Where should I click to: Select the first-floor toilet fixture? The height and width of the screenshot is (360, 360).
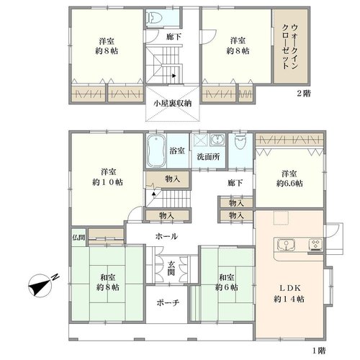[x=240, y=142]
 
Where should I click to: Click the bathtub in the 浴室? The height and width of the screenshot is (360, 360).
[x=156, y=150]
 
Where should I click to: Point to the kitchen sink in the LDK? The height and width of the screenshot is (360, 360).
[x=286, y=245]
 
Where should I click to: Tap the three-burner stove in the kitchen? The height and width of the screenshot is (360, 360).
[x=315, y=244]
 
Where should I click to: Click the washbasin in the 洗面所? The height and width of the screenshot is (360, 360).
[x=217, y=140]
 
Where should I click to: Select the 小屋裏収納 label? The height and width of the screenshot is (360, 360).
[x=173, y=104]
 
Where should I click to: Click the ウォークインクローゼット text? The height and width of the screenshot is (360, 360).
[x=290, y=47]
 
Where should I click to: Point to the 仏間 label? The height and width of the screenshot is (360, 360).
[x=78, y=238]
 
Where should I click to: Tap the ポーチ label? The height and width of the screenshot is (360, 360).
[x=168, y=302]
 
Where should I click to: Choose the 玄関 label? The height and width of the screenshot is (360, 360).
[x=171, y=269]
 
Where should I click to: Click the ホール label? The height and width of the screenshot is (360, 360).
[x=166, y=236]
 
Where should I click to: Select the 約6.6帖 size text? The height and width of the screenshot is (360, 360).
[x=289, y=184]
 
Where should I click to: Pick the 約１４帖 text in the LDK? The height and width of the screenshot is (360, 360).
[x=289, y=299]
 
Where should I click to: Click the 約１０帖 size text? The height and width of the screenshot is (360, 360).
[x=107, y=182]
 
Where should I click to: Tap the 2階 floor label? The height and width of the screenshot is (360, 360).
[x=304, y=94]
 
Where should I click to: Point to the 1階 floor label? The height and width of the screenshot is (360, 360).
[x=319, y=351]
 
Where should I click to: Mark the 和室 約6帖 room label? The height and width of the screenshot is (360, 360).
[x=226, y=282]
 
